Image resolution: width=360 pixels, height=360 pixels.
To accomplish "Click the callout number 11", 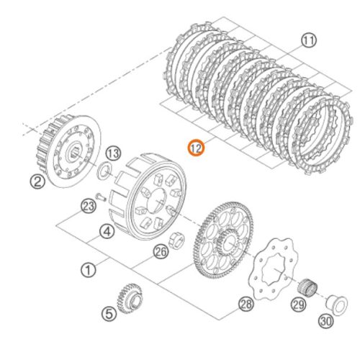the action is coord(309,40).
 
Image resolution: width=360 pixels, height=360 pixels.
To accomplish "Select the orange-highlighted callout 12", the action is coord(196,148).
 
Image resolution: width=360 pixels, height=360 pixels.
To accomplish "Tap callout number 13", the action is coord(113,153).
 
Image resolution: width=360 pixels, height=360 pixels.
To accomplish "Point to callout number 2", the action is coord(37,181).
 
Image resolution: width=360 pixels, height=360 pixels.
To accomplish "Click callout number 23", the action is coord(89,207).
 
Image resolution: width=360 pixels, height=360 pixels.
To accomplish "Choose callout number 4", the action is coord(107,231).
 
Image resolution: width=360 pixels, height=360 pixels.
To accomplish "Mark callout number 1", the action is coord(89,270).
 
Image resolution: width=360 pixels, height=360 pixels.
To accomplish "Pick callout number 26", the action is coord(161,251).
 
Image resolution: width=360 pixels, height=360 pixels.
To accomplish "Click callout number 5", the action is coord(109,313).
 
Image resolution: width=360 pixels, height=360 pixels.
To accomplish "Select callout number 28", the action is coord(246,304).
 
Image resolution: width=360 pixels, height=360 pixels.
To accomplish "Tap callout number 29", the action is coord(299,305).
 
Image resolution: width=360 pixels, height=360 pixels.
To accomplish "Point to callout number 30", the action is coord(326,320).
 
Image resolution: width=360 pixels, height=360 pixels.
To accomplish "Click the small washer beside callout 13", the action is coord(104,170).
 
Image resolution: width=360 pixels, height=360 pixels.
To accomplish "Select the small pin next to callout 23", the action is coord(101,197).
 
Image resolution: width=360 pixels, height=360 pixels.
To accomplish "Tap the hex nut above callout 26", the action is coord(176,240).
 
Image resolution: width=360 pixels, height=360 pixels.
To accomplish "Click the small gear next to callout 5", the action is coord(130,298).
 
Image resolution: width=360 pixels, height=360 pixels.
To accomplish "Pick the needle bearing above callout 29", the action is coord(307,287).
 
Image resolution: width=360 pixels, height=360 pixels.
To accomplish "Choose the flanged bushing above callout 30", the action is coord(336,305).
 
